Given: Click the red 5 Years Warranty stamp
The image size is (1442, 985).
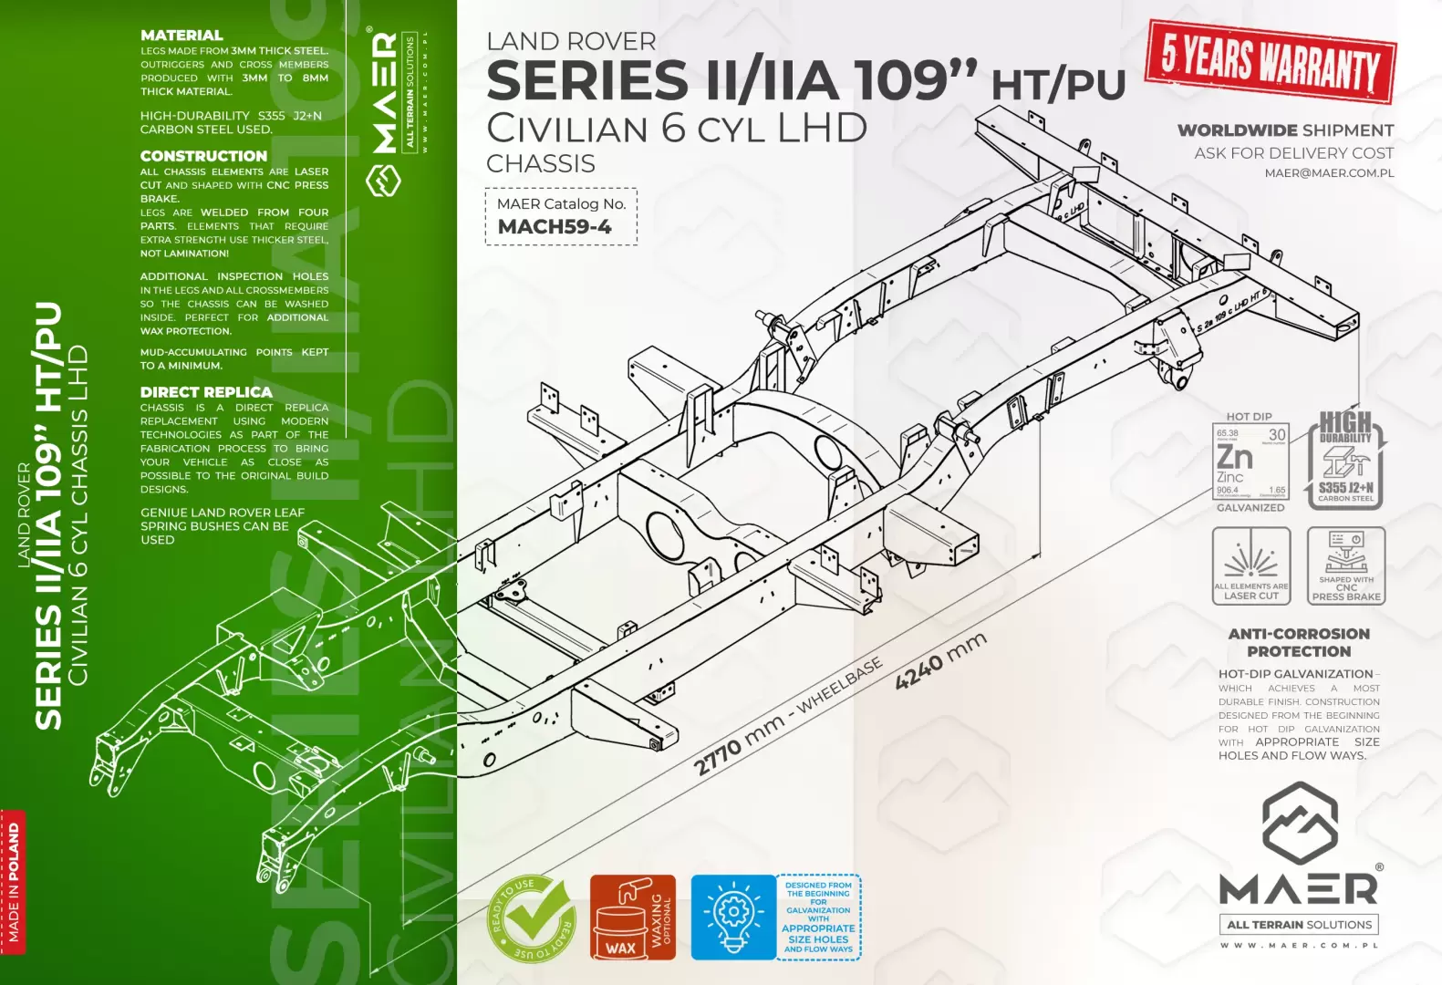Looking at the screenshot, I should tap(1270, 62).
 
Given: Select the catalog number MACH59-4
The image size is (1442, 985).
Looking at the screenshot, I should tap(555, 227).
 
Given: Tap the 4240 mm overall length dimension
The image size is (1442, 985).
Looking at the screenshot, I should tap(940, 660).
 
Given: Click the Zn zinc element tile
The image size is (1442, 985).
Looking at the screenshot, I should tap(1250, 461).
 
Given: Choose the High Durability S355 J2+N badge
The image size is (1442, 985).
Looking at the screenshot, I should tap(1345, 460).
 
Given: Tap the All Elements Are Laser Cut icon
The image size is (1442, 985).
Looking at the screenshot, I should tap(1250, 565).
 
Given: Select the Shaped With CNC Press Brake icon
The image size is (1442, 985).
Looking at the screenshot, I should tap(1345, 565).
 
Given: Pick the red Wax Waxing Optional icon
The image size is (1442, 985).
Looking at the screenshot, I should tap(632, 918).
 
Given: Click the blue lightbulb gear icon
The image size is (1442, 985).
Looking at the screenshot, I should tap(732, 918).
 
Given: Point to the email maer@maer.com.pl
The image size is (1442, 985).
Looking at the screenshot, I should tap(1329, 172).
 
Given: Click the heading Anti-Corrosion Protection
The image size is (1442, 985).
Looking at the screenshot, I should tap(1299, 642).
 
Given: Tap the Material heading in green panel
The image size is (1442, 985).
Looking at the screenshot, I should tap(182, 35).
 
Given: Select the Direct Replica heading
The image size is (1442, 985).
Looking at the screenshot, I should tap(206, 392).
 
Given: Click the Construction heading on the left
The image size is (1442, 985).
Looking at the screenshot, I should tap(203, 156).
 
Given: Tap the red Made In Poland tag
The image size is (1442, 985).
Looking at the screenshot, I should tap(13, 882).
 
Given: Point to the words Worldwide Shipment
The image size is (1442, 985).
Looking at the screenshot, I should tap(1285, 130).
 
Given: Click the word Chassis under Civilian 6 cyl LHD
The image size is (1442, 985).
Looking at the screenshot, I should tap(541, 164).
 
